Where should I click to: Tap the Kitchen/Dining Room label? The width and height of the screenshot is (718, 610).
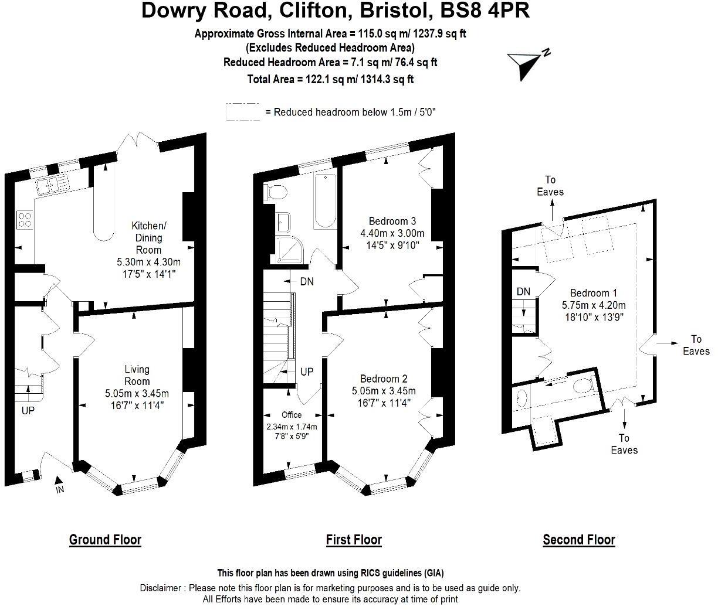click(x=149, y=237)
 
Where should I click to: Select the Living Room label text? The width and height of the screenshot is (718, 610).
click(x=137, y=375)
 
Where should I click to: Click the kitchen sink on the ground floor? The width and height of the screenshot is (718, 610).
click(x=52, y=185)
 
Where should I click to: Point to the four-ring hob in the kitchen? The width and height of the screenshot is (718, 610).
click(x=25, y=219)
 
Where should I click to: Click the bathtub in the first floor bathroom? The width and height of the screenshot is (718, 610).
click(x=324, y=201)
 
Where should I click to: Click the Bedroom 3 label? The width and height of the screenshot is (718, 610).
click(x=392, y=221)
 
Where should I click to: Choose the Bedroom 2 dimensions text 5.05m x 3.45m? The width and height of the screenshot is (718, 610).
click(x=384, y=391)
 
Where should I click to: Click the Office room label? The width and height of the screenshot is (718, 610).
click(x=292, y=415)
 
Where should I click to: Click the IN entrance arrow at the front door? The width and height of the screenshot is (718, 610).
click(x=59, y=486)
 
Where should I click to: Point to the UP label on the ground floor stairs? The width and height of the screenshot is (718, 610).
click(x=28, y=411)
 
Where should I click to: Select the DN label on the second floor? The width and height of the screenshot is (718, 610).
click(x=523, y=291)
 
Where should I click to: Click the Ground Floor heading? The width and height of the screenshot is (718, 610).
click(x=105, y=539)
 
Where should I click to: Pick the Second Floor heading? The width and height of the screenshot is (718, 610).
click(x=578, y=539)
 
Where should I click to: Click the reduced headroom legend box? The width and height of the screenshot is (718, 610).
click(x=243, y=112)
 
